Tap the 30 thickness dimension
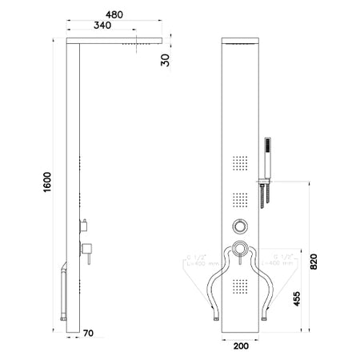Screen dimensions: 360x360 tap(165, 59)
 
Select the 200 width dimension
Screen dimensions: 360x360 tap(241, 347)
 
